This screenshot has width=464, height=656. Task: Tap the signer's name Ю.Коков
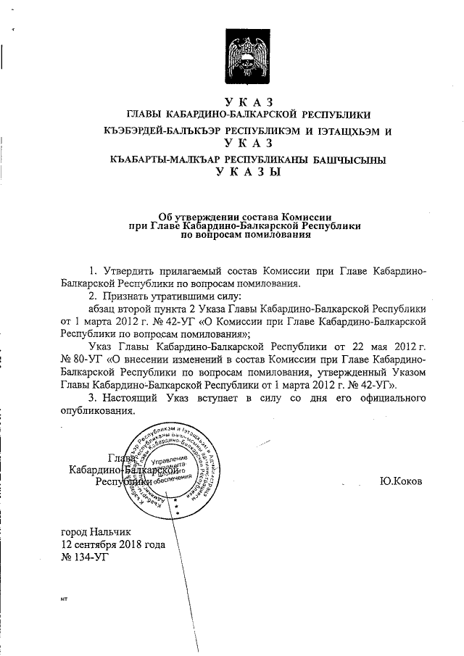pos(399,480)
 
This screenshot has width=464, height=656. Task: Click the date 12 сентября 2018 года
pos(113,544)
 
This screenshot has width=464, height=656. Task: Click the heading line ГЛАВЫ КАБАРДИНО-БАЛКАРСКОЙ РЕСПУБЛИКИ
pos(249,114)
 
